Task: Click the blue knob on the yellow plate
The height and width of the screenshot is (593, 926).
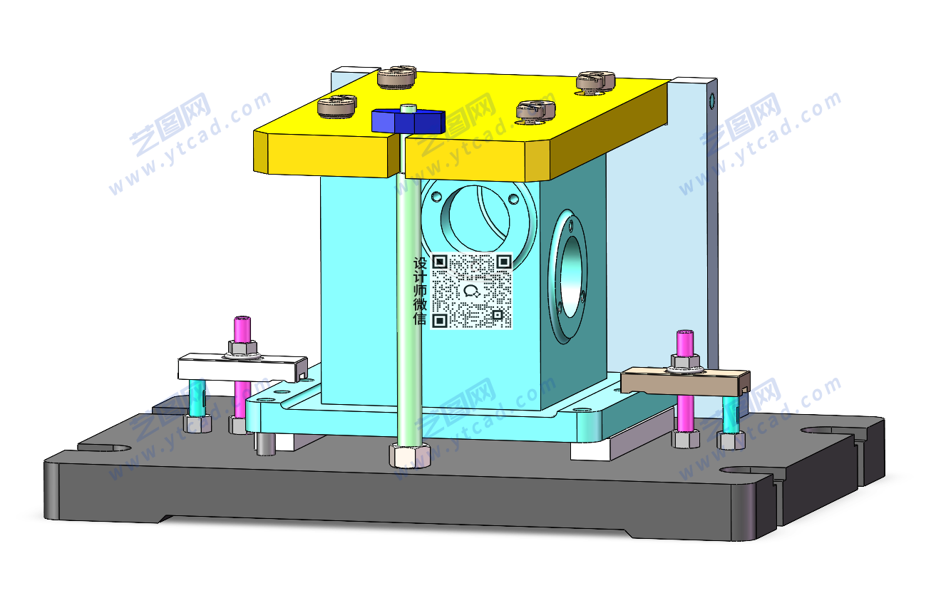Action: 408,120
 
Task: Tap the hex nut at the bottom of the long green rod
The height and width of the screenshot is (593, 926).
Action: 409,455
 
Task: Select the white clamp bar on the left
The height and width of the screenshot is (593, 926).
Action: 242,367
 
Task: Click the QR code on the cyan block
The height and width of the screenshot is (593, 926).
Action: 472,291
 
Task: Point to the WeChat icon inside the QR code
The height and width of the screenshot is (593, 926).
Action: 472,292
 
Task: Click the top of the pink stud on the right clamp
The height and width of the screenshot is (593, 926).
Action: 685,333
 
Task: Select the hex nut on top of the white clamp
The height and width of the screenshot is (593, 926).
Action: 242,348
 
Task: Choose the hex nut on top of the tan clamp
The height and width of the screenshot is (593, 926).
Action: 685,361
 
